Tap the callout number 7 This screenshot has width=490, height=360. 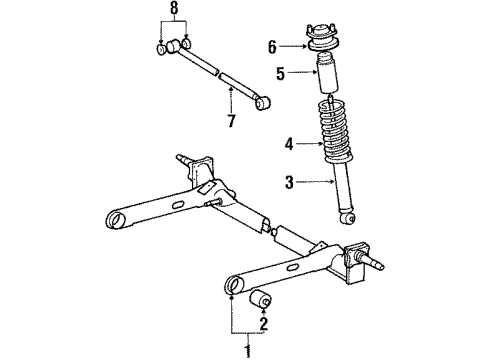(232, 123)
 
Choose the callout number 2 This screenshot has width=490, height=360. (265, 323)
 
